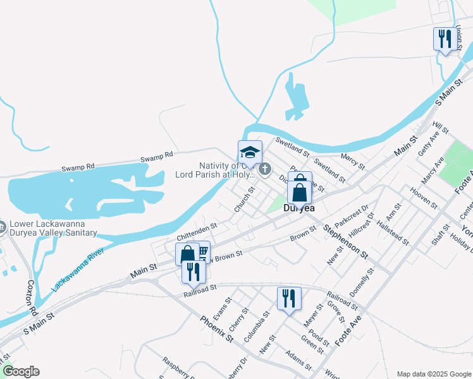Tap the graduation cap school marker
250,153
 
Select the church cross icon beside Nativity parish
265,169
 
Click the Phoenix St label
217,329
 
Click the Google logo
20,371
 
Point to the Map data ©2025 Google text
433,373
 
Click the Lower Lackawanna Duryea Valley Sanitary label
53,229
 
